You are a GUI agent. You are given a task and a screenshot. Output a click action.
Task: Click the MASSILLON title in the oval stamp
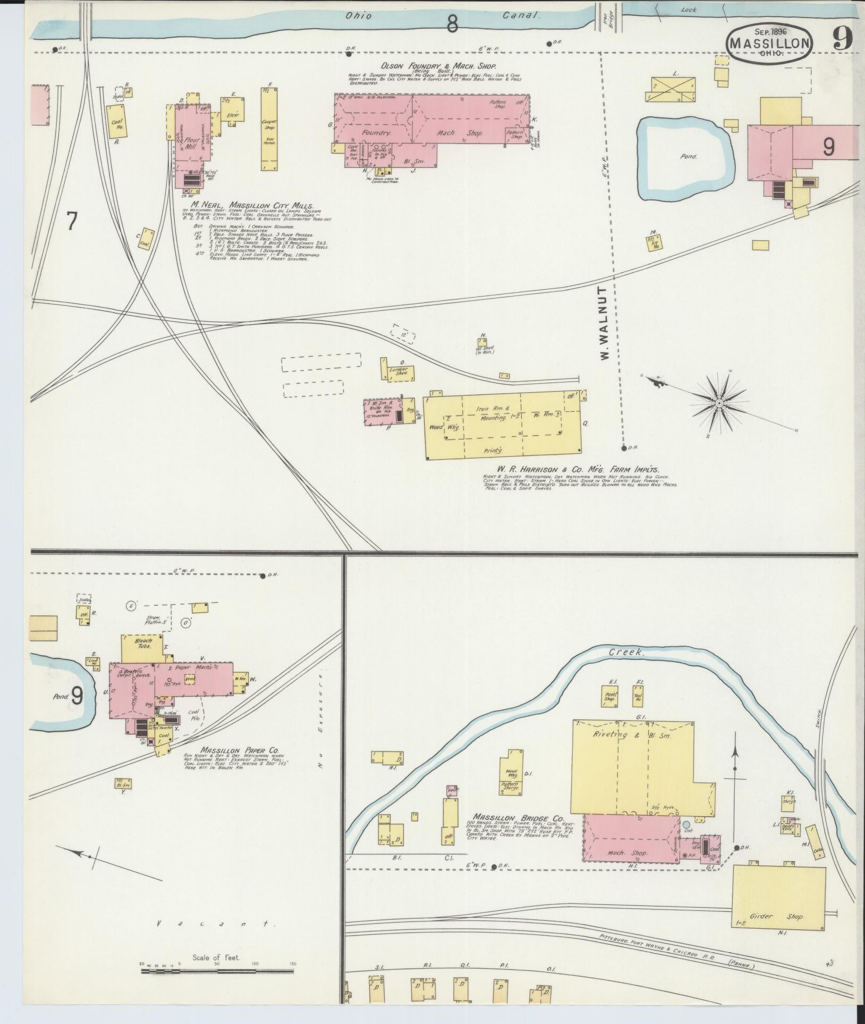pos(769,44)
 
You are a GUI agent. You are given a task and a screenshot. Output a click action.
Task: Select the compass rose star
pos(719,404)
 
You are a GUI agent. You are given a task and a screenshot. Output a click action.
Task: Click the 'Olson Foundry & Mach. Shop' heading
pos(423,66)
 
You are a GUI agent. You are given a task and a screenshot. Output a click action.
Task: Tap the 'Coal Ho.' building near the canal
pos(117,123)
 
